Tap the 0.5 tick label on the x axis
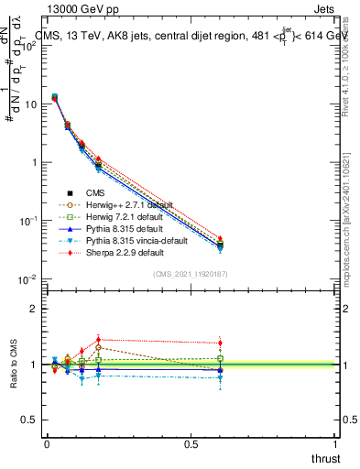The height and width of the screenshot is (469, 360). pyautogui.click(x=191, y=443)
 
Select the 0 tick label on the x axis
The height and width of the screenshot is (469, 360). pyautogui.click(x=47, y=443)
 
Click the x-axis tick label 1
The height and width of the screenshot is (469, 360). pyautogui.click(x=334, y=443)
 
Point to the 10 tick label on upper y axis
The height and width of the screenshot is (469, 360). pyautogui.click(x=28, y=104)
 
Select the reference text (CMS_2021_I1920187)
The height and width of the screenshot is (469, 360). pyautogui.click(x=191, y=274)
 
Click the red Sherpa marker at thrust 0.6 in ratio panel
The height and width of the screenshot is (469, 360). pyautogui.click(x=220, y=344)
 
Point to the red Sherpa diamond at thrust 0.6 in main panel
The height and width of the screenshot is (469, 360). pyautogui.click(x=220, y=238)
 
